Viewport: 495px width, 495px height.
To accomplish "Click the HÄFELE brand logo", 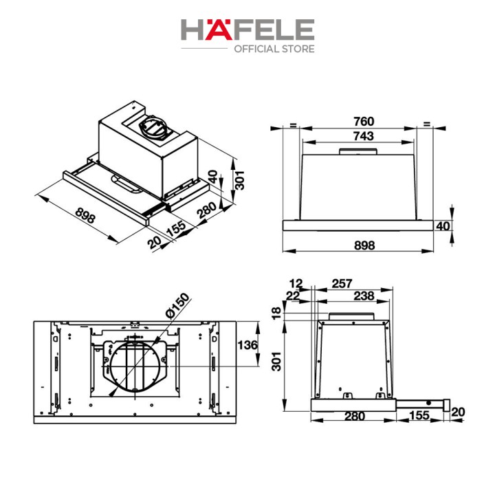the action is coord(247,30).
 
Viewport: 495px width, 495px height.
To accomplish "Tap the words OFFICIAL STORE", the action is coord(274,49).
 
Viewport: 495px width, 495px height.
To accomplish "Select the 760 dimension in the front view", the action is coord(364,121).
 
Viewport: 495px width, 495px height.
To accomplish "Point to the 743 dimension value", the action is coord(364,136).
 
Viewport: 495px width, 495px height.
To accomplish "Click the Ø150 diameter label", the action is coord(178,305).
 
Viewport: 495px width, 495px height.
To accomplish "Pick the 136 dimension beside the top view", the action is coord(247,345).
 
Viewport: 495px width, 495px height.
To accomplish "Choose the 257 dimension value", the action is coord(342,283).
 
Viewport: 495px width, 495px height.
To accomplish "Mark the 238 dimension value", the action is coord(364,296).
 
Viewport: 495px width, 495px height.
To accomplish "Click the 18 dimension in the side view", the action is coord(276,313).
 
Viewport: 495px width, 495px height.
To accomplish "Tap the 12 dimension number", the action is coord(296,283).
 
